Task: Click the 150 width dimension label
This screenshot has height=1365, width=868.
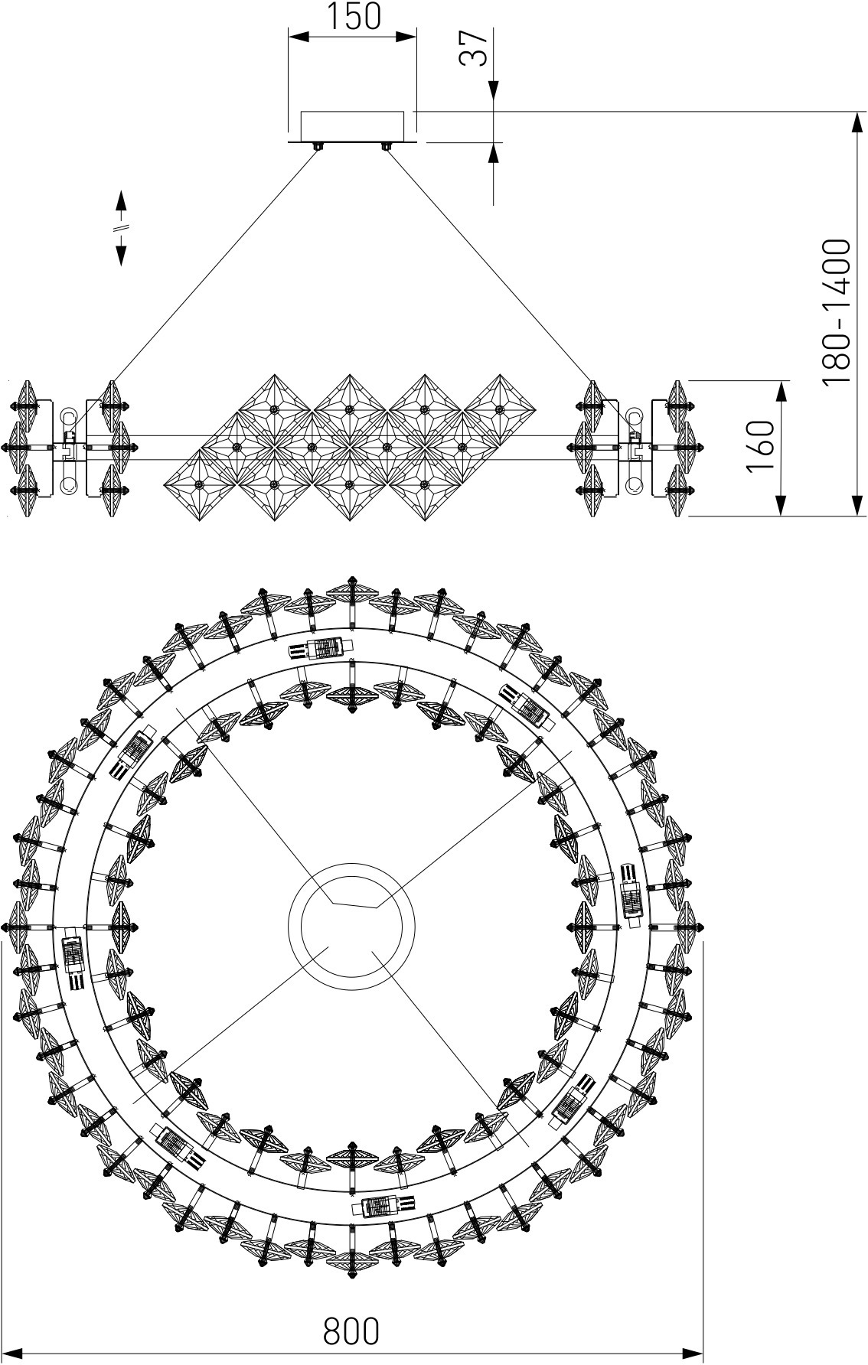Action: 353,16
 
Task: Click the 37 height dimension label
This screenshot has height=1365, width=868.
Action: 473,48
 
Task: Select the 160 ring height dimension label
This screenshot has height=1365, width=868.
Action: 762,447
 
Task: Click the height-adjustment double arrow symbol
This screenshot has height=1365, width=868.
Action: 121,227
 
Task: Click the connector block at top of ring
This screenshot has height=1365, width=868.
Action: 321,647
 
